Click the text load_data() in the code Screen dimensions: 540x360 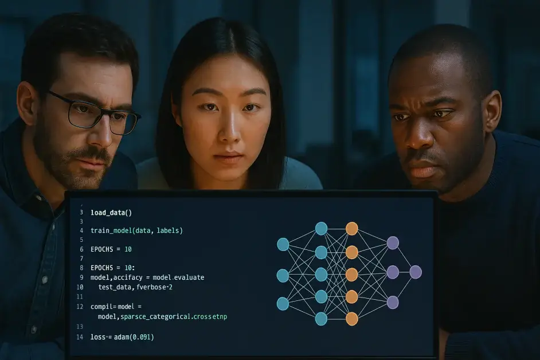click(x=111, y=213)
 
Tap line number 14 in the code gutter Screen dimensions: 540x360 click(x=80, y=337)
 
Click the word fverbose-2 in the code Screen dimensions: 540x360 click(x=154, y=287)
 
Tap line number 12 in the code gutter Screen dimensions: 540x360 click(x=80, y=307)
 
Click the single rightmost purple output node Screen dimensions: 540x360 click(x=416, y=272)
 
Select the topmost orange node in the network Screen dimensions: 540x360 click(x=351, y=229)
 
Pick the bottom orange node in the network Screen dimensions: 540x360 click(x=351, y=319)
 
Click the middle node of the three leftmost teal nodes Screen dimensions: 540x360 click(x=283, y=276)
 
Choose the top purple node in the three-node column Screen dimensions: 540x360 click(x=393, y=243)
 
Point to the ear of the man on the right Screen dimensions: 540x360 click(x=492, y=111)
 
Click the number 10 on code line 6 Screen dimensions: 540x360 click(x=128, y=249)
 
